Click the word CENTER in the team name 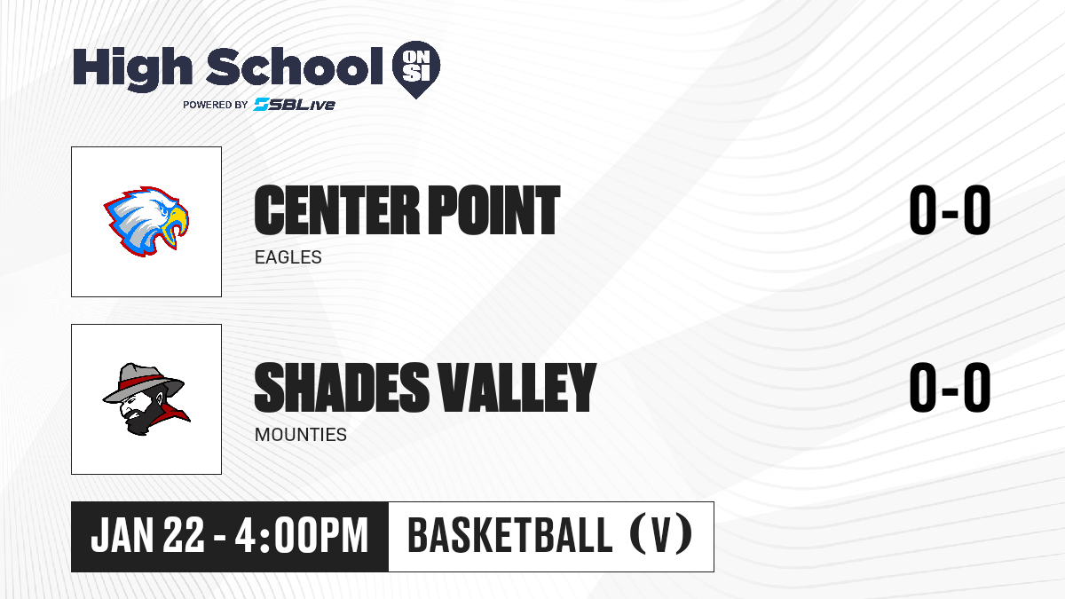[337, 210]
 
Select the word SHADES [342, 388]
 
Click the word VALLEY [517, 388]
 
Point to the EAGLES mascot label [288, 257]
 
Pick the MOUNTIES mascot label [301, 435]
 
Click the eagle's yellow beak [175, 225]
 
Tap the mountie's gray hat [143, 382]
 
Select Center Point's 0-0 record [950, 210]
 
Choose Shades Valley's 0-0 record [950, 388]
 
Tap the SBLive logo [294, 104]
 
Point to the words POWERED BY [216, 105]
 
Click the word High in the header [132, 69]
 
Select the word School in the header [295, 67]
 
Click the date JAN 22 [147, 536]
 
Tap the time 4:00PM [302, 536]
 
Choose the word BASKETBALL [509, 535]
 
